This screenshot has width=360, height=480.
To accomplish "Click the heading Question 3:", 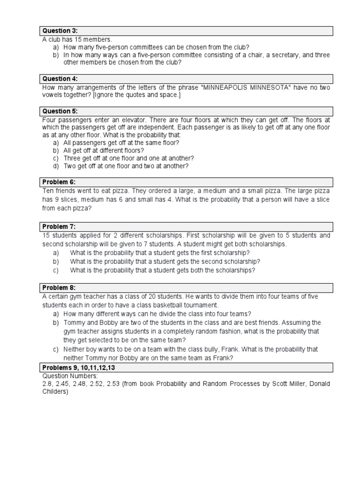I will [60, 31].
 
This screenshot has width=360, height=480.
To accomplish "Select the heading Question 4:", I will [60, 79].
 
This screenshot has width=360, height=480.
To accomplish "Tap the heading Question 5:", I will [60, 111].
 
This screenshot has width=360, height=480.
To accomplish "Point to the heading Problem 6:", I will [59, 182].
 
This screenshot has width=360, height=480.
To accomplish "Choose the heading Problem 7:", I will [59, 226].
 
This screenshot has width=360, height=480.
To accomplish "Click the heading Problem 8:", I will [59, 287].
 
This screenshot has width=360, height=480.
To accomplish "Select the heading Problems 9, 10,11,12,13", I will [78, 367].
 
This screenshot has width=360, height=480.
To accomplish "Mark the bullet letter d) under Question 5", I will [56, 166].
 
